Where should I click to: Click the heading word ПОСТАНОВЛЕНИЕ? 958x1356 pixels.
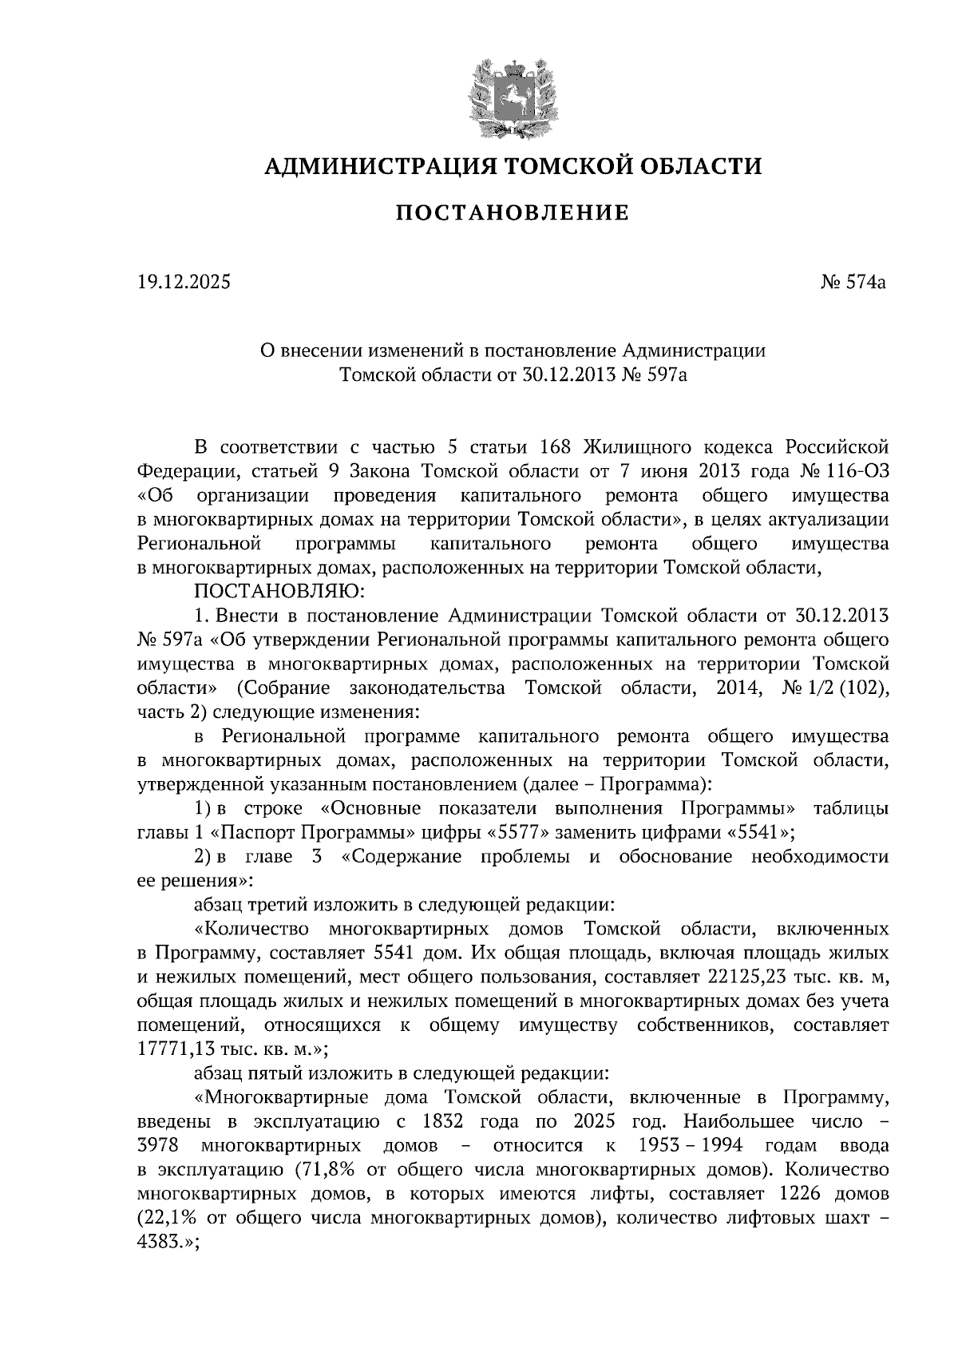coord(513,213)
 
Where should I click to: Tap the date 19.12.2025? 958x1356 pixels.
coord(184,281)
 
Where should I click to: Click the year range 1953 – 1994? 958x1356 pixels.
coord(691,1146)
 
